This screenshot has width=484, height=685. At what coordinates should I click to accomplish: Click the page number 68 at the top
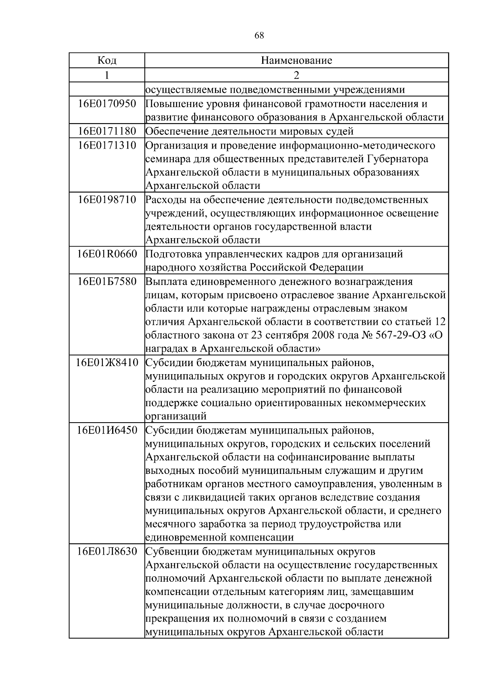(259, 36)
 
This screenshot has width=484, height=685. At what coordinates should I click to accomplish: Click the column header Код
(107, 61)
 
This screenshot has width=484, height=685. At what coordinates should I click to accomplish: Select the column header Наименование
(296, 61)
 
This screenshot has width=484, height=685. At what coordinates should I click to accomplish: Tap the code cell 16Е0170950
(107, 104)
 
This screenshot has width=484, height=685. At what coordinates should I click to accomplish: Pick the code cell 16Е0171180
(107, 131)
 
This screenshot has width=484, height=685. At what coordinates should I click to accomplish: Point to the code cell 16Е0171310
(107, 145)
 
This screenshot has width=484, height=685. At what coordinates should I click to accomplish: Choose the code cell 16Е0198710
(107, 199)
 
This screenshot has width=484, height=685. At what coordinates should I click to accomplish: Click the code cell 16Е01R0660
(107, 254)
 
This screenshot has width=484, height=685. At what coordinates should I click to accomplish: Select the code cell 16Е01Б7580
(107, 281)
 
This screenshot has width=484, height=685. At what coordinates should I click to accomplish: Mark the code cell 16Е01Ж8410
(107, 362)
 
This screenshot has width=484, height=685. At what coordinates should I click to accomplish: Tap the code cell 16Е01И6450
(107, 430)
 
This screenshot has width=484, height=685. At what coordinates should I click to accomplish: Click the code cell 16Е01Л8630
(107, 551)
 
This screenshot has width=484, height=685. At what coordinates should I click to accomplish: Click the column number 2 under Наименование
(296, 75)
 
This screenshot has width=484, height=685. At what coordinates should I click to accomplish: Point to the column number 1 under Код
(107, 75)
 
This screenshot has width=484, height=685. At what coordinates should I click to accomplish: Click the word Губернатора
(397, 159)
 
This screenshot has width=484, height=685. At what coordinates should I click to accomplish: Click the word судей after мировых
(340, 131)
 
